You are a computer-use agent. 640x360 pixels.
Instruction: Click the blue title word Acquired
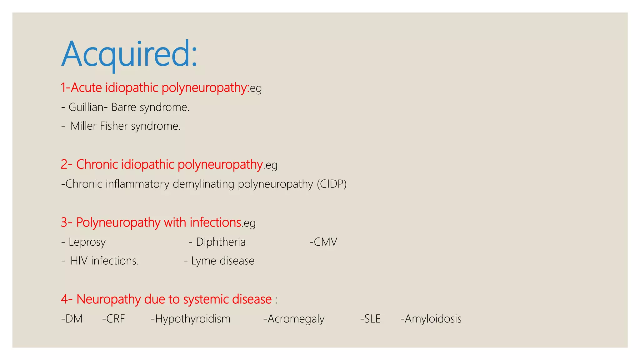pos(129,54)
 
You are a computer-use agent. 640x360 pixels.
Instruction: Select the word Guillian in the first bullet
pos(86,107)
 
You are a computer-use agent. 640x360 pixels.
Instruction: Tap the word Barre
pos(124,107)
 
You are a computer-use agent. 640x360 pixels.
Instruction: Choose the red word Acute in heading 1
pos(86,87)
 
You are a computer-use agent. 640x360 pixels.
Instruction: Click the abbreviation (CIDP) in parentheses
pos(332,184)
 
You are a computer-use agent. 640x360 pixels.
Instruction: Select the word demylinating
pos(203,184)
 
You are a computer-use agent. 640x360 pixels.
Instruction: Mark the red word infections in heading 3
pos(215,222)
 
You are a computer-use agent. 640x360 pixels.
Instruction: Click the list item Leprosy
pos(87,242)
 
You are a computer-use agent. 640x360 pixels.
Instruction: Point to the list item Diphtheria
pos(221,242)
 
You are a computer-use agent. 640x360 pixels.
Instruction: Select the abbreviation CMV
pos(325,242)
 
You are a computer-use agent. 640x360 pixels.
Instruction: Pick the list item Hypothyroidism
pos(192,319)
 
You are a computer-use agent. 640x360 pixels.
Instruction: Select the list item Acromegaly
pos(296,319)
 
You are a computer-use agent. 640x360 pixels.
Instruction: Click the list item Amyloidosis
pos(433,319)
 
